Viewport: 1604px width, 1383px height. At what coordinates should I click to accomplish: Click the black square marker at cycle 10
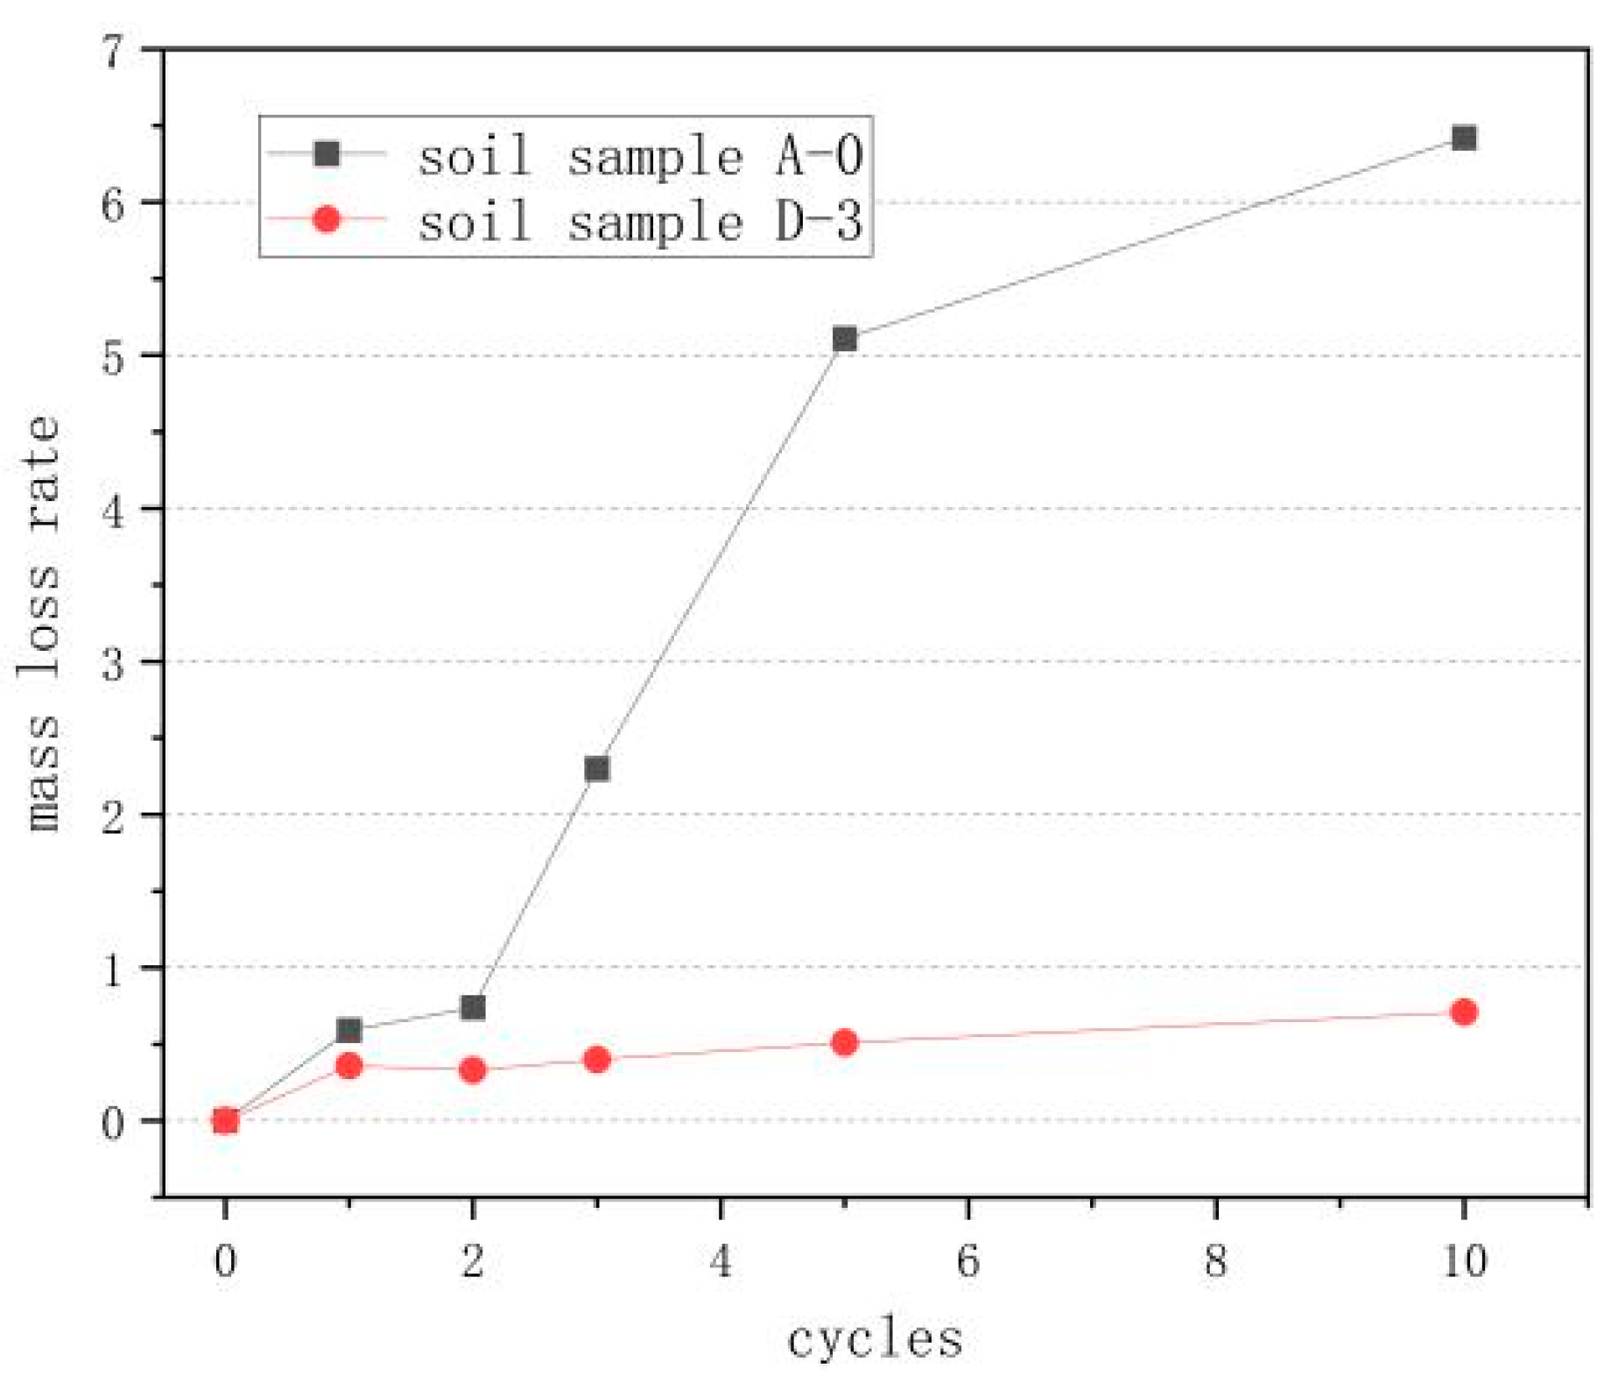pyautogui.click(x=1463, y=138)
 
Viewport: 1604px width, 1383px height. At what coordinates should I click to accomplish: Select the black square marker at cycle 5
pyautogui.click(x=844, y=338)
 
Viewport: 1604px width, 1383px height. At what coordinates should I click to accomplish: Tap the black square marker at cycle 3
pyautogui.click(x=596, y=769)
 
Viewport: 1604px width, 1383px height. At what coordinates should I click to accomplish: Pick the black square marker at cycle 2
pyautogui.click(x=473, y=1007)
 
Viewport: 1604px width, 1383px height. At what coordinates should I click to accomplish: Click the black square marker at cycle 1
pyautogui.click(x=348, y=1030)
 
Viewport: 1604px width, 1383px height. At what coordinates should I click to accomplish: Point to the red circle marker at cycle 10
pyautogui.click(x=1463, y=1012)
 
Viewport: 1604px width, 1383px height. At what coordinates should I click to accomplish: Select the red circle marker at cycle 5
pyautogui.click(x=844, y=1042)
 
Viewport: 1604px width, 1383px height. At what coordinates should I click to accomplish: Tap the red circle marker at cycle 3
pyautogui.click(x=596, y=1060)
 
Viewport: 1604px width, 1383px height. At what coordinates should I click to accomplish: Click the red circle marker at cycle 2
pyautogui.click(x=473, y=1069)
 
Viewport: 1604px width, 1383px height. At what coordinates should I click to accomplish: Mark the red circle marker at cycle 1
pyautogui.click(x=348, y=1065)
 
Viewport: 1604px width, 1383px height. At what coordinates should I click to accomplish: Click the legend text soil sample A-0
pyautogui.click(x=640, y=157)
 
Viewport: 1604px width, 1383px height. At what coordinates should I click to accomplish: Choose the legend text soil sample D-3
pyautogui.click(x=640, y=221)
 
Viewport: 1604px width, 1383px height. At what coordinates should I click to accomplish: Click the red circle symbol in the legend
pyautogui.click(x=326, y=218)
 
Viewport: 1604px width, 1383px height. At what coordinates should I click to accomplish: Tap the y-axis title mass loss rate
pyautogui.click(x=41, y=623)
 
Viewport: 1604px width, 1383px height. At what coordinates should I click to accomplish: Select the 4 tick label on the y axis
pyautogui.click(x=113, y=509)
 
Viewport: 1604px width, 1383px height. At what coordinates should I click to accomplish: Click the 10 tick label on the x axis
pyautogui.click(x=1463, y=1261)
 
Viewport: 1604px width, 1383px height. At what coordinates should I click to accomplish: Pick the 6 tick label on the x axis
pyautogui.click(x=967, y=1261)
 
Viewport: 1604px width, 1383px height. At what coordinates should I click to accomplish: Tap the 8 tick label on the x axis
pyautogui.click(x=1215, y=1261)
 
